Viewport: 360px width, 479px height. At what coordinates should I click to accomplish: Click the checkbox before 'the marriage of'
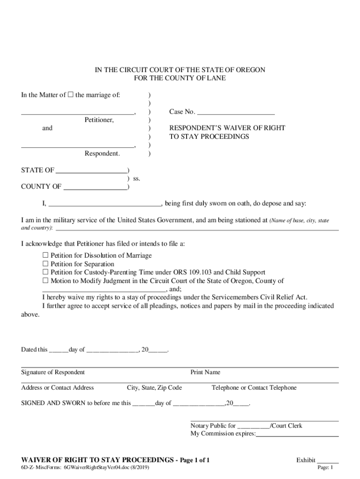click(x=71, y=95)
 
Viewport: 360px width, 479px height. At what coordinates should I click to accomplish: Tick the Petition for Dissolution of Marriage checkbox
click(x=45, y=255)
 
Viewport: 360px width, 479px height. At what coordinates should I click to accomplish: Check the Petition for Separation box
click(x=45, y=264)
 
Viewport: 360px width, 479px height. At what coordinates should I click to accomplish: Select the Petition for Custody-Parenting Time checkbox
click(x=45, y=272)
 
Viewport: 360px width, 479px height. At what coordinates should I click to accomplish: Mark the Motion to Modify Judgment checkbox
click(x=45, y=281)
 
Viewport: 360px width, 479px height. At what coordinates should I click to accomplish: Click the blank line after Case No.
click(x=236, y=112)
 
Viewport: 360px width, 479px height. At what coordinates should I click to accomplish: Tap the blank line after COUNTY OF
click(x=95, y=187)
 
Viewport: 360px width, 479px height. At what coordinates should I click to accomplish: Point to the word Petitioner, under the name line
click(x=99, y=120)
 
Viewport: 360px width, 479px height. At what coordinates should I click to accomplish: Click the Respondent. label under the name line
click(x=102, y=153)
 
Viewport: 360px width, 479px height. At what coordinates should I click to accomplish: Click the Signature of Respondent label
click(x=53, y=372)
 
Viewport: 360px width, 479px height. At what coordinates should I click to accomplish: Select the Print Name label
click(x=205, y=372)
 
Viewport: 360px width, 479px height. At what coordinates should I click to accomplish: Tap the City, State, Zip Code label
click(x=154, y=388)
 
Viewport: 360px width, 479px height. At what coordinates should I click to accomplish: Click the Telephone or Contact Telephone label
click(x=254, y=388)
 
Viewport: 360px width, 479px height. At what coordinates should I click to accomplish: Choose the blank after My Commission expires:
click(x=297, y=434)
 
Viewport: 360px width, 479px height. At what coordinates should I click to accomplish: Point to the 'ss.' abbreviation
click(x=137, y=179)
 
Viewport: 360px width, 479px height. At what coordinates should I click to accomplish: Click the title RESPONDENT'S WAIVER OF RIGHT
click(x=227, y=128)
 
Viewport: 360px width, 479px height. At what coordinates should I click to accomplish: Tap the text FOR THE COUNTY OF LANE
click(x=180, y=78)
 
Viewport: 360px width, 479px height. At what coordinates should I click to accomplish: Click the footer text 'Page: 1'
click(x=325, y=468)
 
